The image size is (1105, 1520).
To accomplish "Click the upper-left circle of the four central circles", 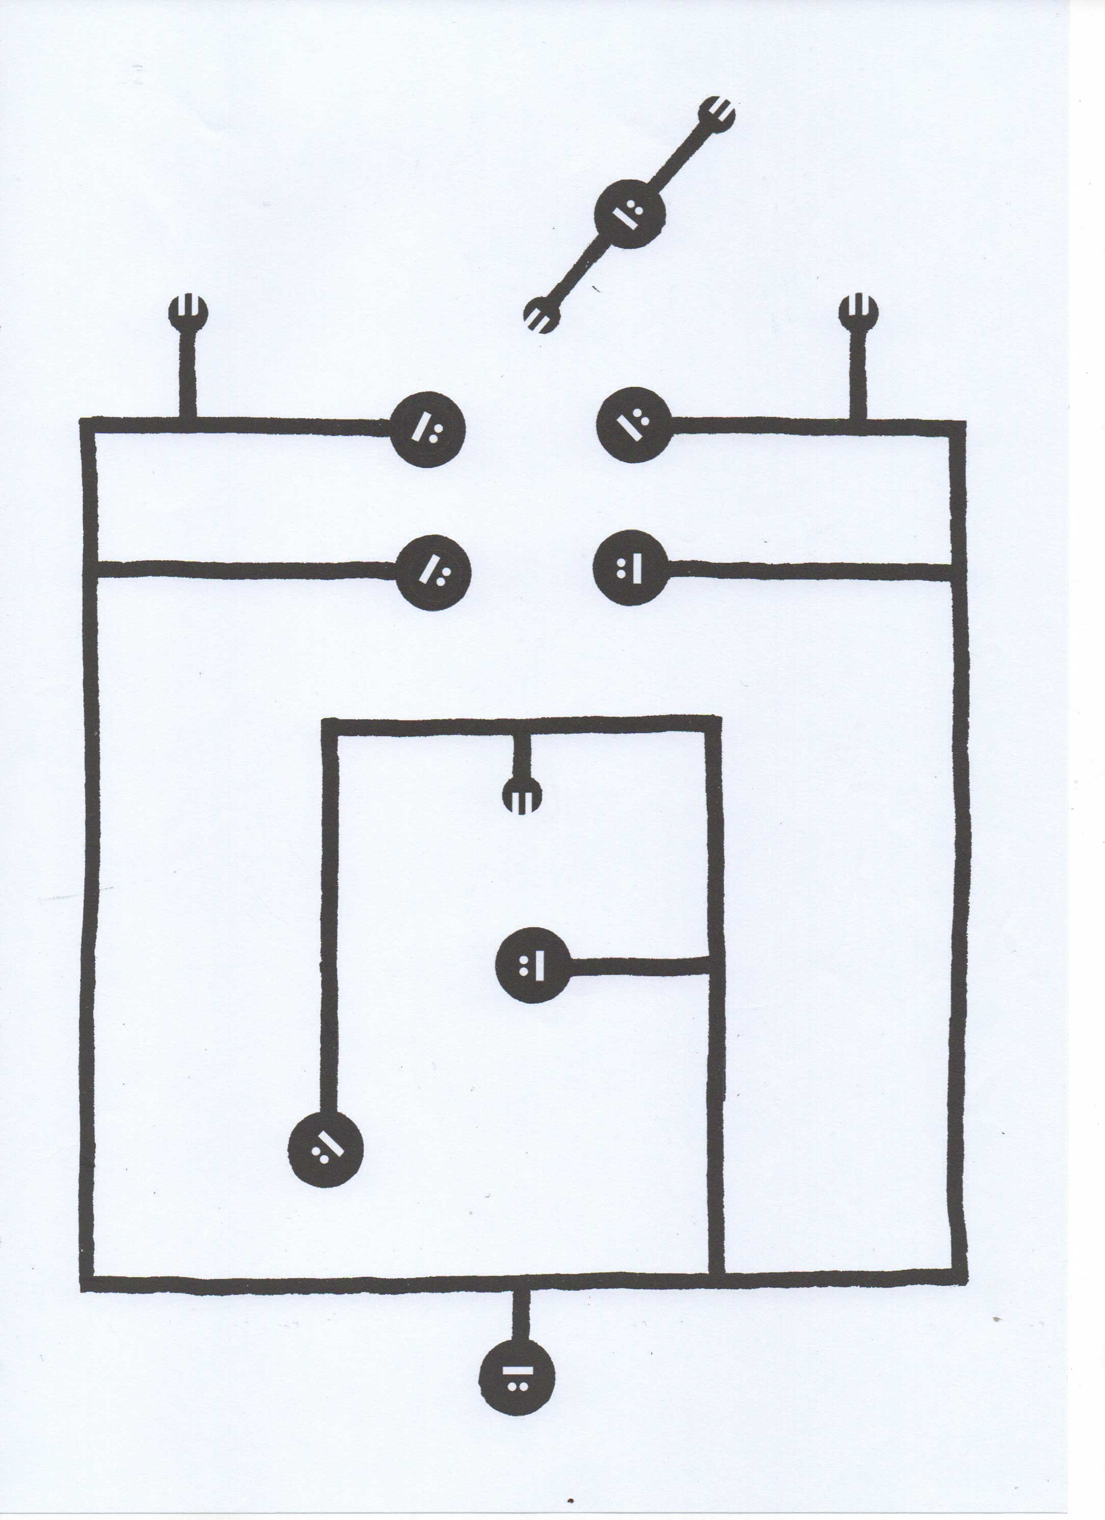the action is [x=428, y=429].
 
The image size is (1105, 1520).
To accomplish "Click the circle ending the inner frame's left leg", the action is [x=325, y=1150].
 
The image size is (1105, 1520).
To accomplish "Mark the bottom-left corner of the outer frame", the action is [x=88, y=1284].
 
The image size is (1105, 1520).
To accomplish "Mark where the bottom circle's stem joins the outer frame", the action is [x=520, y=1283].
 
